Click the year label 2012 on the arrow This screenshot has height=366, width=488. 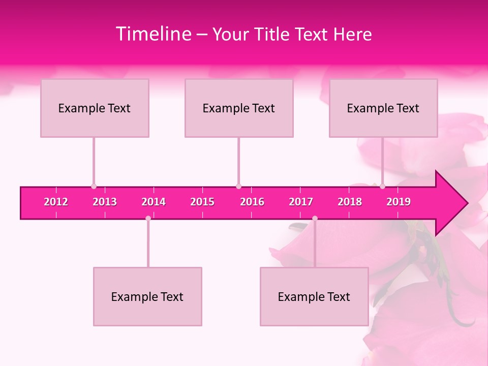(x=56, y=202)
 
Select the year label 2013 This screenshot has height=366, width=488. (x=105, y=202)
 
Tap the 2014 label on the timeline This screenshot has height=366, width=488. (x=154, y=202)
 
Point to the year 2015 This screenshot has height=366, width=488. (x=202, y=202)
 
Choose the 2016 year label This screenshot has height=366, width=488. (x=252, y=202)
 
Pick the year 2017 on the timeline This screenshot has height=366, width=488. (x=301, y=202)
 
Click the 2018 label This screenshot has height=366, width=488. (x=350, y=202)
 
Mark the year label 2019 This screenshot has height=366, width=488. (x=399, y=202)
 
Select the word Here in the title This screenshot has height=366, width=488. (x=352, y=35)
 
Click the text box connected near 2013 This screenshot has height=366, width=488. (x=95, y=108)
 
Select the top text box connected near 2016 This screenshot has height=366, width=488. (x=239, y=108)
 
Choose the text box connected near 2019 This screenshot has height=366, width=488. (x=383, y=108)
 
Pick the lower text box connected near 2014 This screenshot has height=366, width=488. (x=147, y=296)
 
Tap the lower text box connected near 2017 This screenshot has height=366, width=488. (x=314, y=296)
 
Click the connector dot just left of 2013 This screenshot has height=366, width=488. (x=94, y=186)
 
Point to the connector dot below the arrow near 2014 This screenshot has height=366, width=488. (x=148, y=218)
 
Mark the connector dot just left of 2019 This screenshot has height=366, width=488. (x=382, y=186)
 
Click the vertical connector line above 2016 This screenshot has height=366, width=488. (x=238, y=160)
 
